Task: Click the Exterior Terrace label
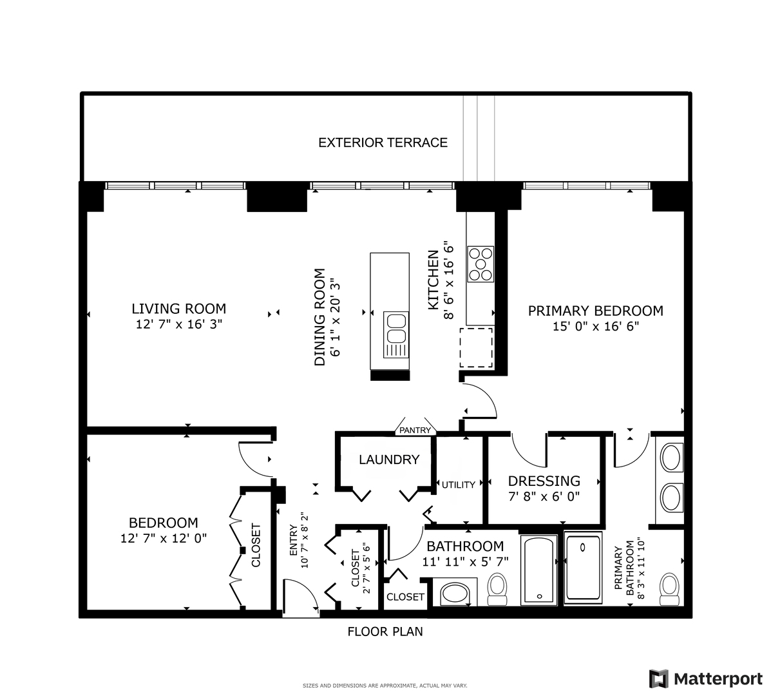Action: pyautogui.click(x=383, y=142)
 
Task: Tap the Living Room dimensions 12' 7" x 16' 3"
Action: pyautogui.click(x=178, y=325)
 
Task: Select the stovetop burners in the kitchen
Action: pyautogui.click(x=480, y=264)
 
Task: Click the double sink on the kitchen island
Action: pyautogui.click(x=395, y=327)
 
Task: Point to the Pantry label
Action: pyautogui.click(x=415, y=430)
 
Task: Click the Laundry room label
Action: pyautogui.click(x=388, y=459)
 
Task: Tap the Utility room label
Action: pyautogui.click(x=459, y=485)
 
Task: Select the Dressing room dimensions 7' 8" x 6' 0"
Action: pyautogui.click(x=544, y=497)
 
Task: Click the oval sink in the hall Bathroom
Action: pyautogui.click(x=457, y=594)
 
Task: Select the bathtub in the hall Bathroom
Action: pyautogui.click(x=538, y=570)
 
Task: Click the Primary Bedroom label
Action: pyautogui.click(x=595, y=311)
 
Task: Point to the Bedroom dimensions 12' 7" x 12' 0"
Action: pyautogui.click(x=164, y=538)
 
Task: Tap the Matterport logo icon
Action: pyautogui.click(x=658, y=679)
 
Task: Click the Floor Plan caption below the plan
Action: pyautogui.click(x=385, y=632)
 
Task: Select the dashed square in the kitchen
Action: pyautogui.click(x=475, y=347)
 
